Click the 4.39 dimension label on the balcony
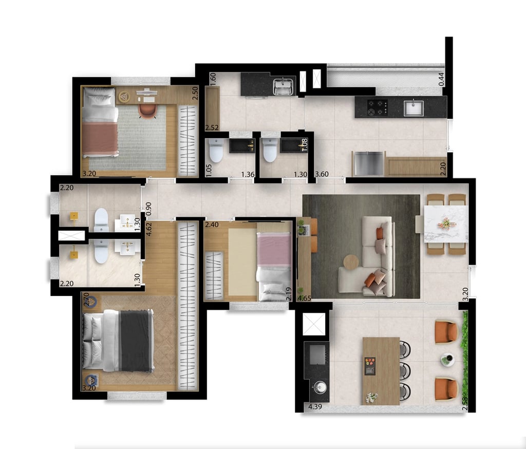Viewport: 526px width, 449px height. point(315,407)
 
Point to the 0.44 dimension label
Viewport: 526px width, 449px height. point(442,79)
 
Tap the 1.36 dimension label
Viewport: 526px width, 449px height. point(247,175)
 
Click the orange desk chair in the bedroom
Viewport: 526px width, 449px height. point(147,110)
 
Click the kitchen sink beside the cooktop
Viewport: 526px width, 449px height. point(413,108)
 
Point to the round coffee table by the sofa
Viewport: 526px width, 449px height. point(351,262)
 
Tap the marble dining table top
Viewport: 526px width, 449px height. point(446,223)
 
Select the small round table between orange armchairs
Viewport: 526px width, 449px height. point(447,360)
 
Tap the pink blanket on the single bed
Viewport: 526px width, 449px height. point(274,249)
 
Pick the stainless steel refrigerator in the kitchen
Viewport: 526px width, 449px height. point(368,163)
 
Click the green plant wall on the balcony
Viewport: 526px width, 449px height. point(466,360)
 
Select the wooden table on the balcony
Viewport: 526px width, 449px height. point(380,370)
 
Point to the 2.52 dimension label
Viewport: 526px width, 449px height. point(212,127)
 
